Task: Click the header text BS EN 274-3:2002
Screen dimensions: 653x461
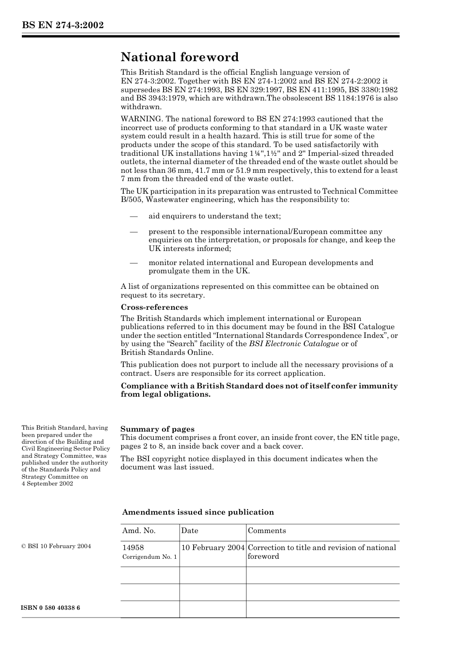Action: [x=63, y=25]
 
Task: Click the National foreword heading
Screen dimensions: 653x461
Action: [x=180, y=57]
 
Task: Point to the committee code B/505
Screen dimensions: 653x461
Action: [x=132, y=200]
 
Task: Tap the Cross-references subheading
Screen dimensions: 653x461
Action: [x=154, y=307]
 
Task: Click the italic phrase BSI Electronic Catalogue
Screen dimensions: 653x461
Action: [x=294, y=344]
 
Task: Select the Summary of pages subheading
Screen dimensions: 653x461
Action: [x=157, y=429]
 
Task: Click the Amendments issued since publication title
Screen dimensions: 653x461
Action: [x=198, y=512]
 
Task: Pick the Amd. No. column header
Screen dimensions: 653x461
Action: [x=139, y=531]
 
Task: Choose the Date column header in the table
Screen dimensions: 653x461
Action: [x=190, y=531]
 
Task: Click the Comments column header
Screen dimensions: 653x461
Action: [x=267, y=531]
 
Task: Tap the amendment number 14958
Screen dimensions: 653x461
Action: [x=133, y=548]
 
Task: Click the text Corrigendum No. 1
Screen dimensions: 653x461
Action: [x=149, y=557]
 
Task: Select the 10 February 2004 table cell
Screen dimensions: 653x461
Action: [x=213, y=548]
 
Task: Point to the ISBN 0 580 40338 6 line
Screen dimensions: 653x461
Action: [x=51, y=608]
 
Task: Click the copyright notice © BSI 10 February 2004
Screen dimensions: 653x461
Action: [x=56, y=546]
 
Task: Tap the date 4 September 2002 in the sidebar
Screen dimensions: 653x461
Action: [x=47, y=484]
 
